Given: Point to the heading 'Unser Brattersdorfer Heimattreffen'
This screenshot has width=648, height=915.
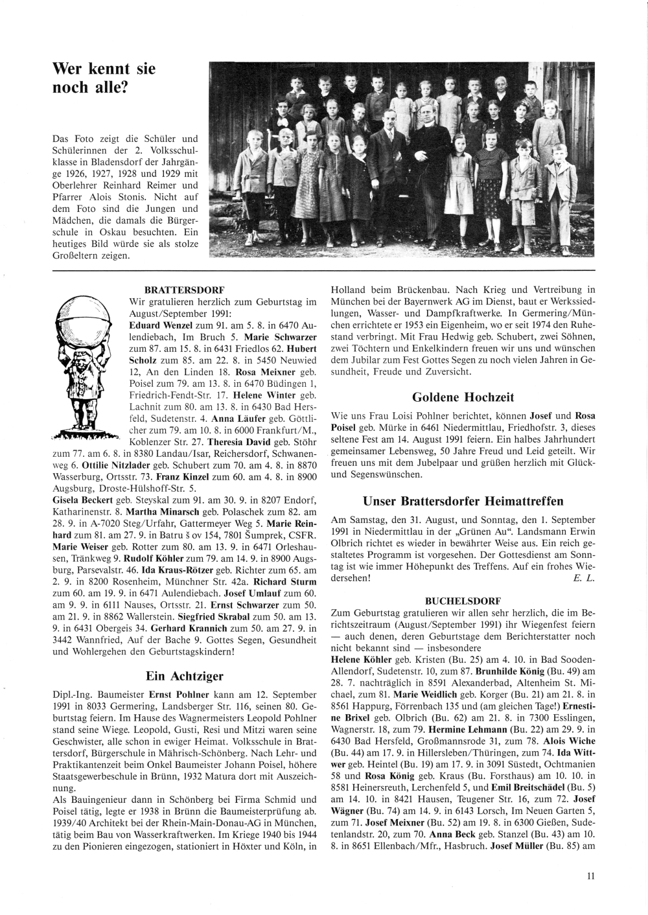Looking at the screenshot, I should point(463,501).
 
